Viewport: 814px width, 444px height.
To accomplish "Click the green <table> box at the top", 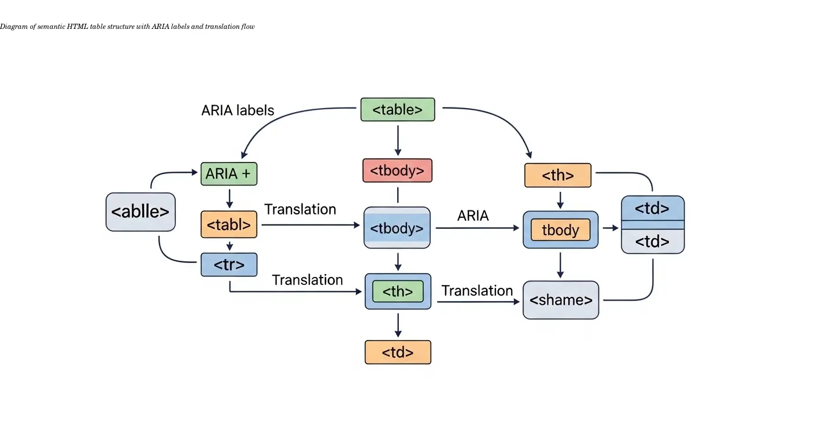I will click(398, 110).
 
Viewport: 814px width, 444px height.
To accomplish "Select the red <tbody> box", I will click(397, 171).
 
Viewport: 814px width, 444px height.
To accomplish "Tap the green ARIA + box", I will click(229, 173).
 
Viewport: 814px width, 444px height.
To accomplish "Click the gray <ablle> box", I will click(140, 212).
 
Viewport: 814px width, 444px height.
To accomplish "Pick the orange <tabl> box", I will click(229, 225).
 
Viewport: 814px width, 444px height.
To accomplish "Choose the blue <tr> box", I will click(229, 265).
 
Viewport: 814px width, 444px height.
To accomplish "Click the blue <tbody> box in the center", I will click(397, 228).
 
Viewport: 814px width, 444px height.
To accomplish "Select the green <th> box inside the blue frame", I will click(398, 291).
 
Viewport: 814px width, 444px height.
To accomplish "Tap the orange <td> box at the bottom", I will click(398, 352).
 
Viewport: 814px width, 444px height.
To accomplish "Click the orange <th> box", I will click(558, 175).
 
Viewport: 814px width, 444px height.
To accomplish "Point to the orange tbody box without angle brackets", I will click(560, 230).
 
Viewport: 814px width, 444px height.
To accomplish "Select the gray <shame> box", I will click(561, 300).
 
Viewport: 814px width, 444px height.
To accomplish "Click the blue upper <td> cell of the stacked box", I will click(653, 208).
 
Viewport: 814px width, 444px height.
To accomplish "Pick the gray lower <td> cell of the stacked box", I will click(653, 241).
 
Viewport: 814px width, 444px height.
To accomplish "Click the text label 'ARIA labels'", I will click(238, 110).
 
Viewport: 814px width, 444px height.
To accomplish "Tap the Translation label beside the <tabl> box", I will click(300, 209).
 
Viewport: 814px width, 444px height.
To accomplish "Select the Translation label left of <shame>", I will click(477, 290).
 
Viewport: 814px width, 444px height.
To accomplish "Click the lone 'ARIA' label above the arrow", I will click(473, 216).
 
